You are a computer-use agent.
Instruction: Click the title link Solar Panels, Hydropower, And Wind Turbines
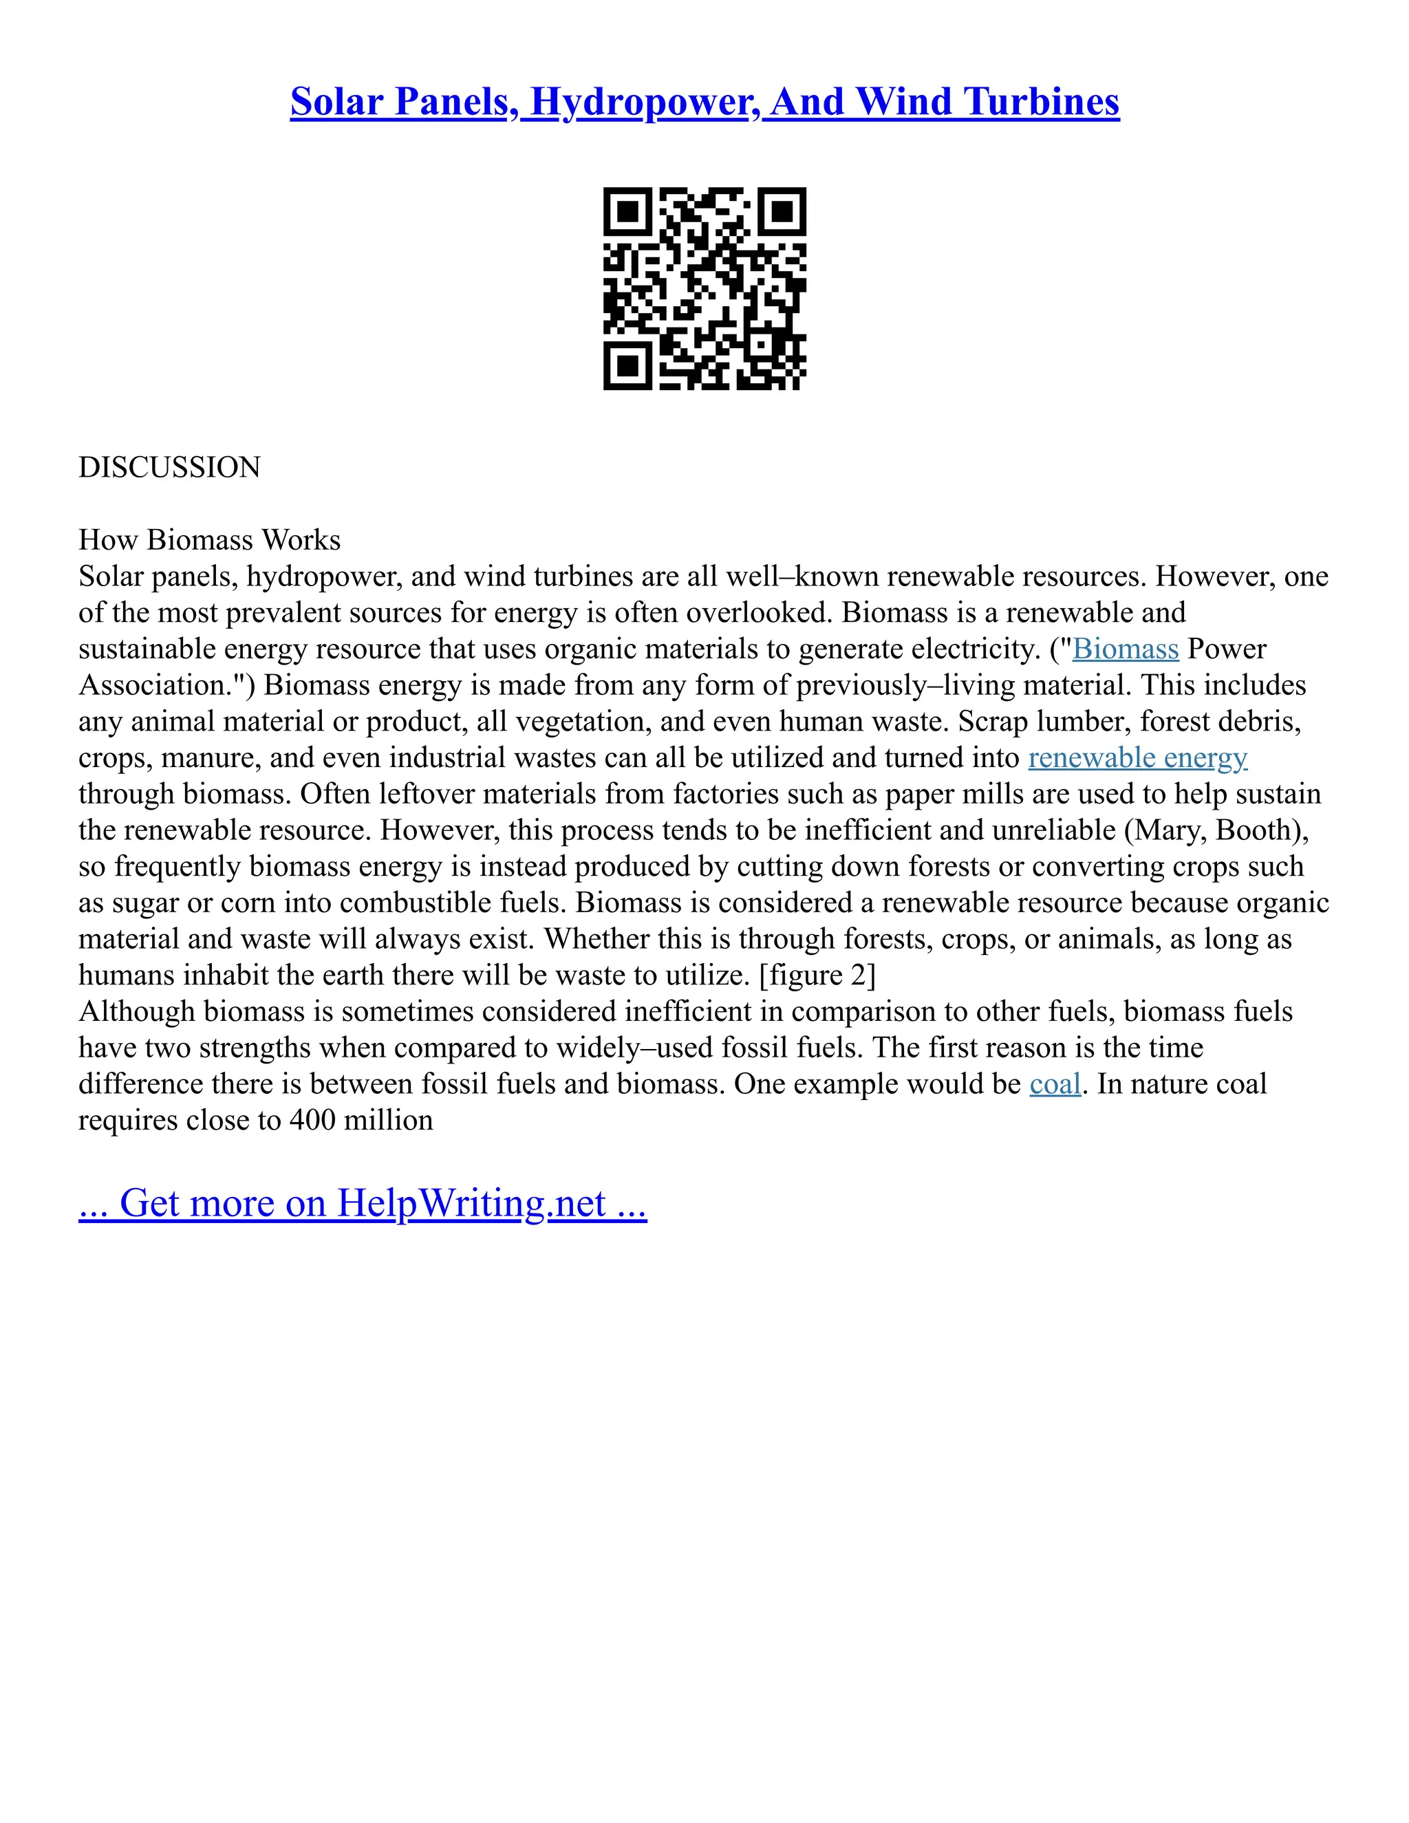704,102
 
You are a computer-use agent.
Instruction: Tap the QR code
704,288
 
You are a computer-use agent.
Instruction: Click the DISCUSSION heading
169,467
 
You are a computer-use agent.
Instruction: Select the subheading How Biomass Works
210,540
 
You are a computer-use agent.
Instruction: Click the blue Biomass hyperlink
1125,649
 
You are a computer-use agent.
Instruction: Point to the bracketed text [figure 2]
817,975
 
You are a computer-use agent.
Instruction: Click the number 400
312,1120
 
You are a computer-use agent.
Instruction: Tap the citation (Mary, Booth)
1216,830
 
